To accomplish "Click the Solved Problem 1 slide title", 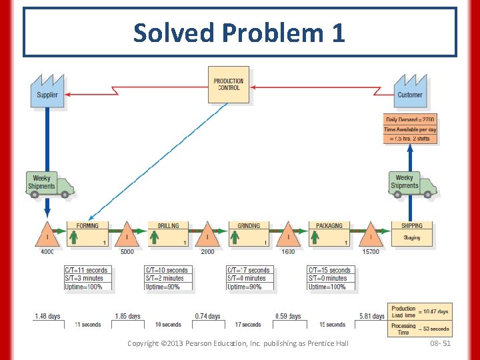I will click(x=239, y=32).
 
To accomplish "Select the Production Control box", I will click(x=229, y=85).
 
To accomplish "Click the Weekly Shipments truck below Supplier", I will click(x=49, y=184).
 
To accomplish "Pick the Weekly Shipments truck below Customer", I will click(x=412, y=183).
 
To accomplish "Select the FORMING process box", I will click(x=87, y=234).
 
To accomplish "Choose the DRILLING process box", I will click(x=168, y=234).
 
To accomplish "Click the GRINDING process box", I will click(x=249, y=234).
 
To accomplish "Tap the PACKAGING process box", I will click(x=329, y=234).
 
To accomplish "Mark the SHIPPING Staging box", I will click(x=411, y=234).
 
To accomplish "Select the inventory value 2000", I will click(x=207, y=252).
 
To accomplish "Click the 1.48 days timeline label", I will click(x=47, y=316).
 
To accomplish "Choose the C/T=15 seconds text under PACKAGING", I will click(x=330, y=270).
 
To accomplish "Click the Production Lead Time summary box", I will click(x=419, y=311).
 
